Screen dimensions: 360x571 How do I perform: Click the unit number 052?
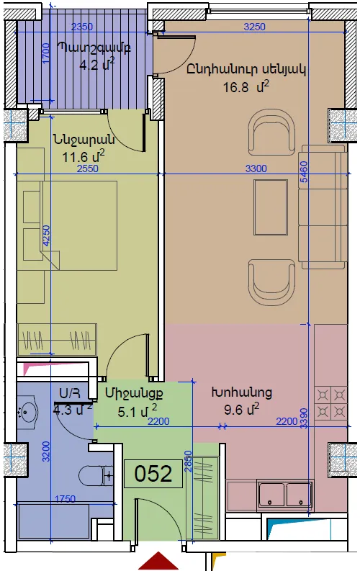point(153,473)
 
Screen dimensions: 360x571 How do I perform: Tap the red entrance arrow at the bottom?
point(158,561)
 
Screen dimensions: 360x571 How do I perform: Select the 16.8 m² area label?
point(246,87)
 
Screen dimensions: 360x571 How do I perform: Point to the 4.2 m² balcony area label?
point(97,65)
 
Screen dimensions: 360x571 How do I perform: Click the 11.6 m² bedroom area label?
point(84,156)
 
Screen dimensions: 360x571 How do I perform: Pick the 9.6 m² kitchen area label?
point(242,410)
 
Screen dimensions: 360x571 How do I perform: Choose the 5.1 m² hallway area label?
point(138,411)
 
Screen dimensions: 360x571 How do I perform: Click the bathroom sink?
point(27,410)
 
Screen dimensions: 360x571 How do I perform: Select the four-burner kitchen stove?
point(331,403)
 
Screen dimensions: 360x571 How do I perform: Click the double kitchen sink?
point(284,495)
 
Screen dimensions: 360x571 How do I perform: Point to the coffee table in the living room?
point(271,207)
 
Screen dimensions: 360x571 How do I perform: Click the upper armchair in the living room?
point(271,133)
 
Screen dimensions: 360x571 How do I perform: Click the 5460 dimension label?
point(303,171)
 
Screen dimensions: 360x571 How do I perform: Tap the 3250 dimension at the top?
point(254,27)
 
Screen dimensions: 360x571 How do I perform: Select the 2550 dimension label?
point(87,168)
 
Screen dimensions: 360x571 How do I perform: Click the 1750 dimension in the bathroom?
point(65,499)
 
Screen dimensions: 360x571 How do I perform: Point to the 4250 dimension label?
point(46,236)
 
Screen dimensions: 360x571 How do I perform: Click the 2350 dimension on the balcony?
point(82,27)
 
